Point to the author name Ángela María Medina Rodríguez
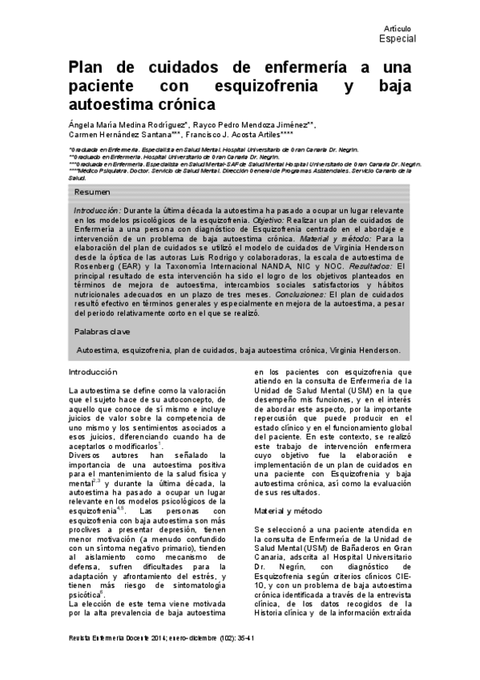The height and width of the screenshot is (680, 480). pyautogui.click(x=127, y=125)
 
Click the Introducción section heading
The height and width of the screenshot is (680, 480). pyautogui.click(x=93, y=372)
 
